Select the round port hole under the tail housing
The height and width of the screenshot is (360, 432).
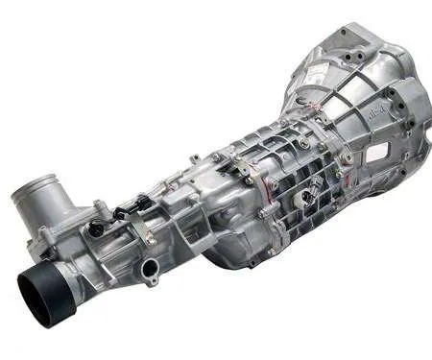(151, 272)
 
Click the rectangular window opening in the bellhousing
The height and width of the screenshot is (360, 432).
(376, 152)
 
